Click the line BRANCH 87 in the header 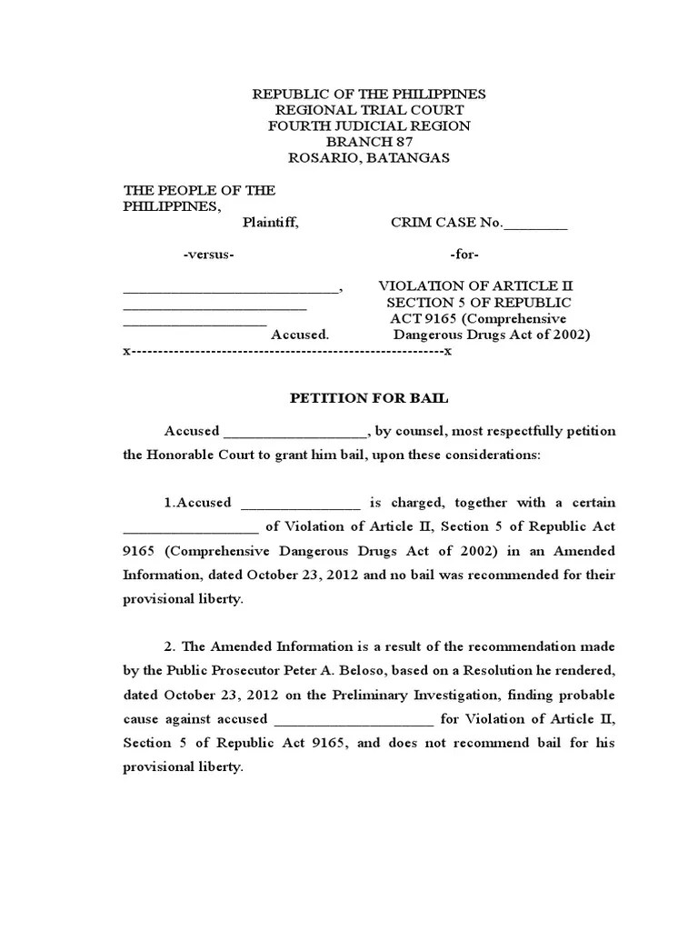click(x=369, y=142)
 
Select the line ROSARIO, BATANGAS click(x=369, y=158)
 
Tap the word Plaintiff click(x=269, y=223)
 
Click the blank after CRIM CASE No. click(x=535, y=224)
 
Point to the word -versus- click(x=209, y=255)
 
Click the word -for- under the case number click(x=464, y=255)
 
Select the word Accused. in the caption click(x=299, y=335)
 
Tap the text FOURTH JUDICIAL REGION click(x=369, y=125)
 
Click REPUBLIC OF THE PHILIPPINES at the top click(x=369, y=94)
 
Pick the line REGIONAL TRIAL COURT click(x=369, y=110)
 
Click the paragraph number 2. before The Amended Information click(x=170, y=647)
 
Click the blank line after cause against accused click(x=354, y=720)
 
